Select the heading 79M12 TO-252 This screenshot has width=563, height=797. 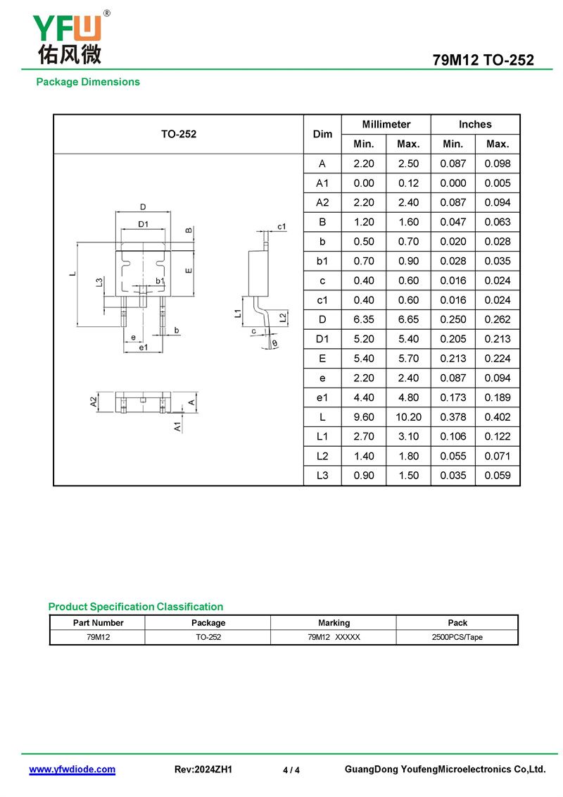tap(483, 60)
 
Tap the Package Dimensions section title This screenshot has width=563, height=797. tap(88, 82)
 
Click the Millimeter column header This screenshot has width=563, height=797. tap(386, 124)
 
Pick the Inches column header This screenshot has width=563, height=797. tap(475, 124)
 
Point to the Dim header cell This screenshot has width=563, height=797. tap(322, 134)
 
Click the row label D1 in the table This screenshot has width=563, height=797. tap(322, 339)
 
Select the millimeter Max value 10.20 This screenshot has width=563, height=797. tap(408, 417)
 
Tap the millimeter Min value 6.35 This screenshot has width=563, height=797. tap(364, 319)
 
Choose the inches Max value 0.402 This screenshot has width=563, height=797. tap(498, 417)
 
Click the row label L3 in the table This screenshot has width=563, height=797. tap(322, 476)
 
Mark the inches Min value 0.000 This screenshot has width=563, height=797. tap(453, 183)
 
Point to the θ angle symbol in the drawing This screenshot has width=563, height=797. tap(274, 344)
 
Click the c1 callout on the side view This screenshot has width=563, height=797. tap(281, 226)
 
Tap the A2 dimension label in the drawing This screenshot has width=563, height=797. tap(94, 402)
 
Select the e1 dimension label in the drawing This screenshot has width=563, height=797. tap(143, 347)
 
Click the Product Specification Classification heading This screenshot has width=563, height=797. tap(136, 607)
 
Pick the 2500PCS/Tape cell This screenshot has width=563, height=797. tap(457, 637)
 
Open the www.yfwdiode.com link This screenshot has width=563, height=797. tap(72, 770)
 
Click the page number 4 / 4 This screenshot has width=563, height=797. tap(291, 770)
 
